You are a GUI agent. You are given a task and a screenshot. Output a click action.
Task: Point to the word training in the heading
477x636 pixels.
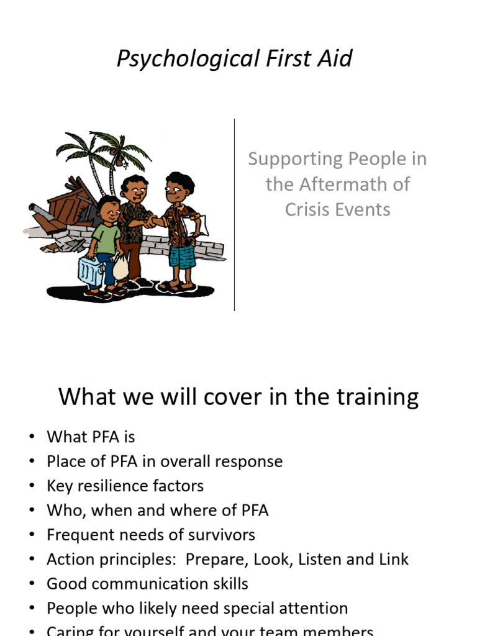click(373, 396)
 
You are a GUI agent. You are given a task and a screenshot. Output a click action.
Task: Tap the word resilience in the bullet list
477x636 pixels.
click(119, 485)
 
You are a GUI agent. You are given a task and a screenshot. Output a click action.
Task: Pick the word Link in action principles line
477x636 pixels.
click(393, 559)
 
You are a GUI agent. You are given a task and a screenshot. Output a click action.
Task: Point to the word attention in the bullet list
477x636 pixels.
click(312, 608)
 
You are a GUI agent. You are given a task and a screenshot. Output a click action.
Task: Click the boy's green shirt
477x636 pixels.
click(106, 238)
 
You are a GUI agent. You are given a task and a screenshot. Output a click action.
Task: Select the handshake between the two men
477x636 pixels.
click(150, 220)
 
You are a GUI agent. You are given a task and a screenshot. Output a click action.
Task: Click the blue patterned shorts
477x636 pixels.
click(182, 255)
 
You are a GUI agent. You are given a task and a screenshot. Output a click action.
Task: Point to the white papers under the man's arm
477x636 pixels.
click(198, 227)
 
